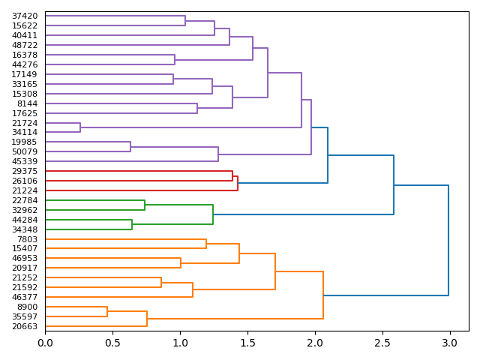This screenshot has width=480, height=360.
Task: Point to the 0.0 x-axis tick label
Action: click(x=45, y=342)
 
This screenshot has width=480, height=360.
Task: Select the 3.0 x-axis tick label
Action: click(x=449, y=342)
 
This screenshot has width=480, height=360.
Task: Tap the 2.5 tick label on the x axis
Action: click(x=382, y=342)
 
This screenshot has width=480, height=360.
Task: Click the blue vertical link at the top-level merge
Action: click(x=448, y=240)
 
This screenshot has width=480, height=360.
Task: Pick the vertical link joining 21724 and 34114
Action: click(x=80, y=127)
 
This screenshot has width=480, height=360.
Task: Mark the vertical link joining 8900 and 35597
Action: click(x=107, y=311)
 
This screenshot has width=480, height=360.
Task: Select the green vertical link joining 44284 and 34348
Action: click(x=132, y=224)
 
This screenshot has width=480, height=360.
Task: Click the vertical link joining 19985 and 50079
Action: click(x=130, y=147)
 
